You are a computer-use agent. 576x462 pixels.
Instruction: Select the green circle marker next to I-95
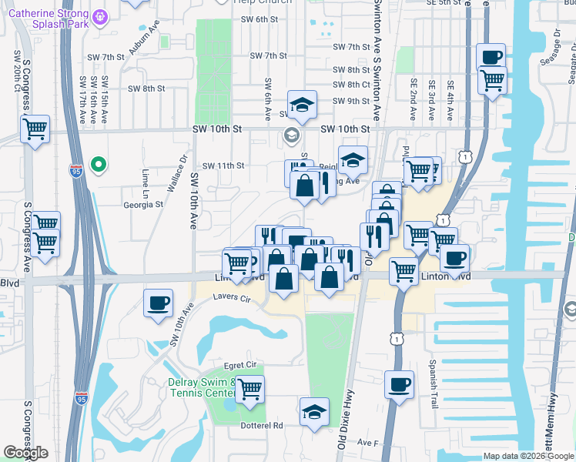[x=98, y=164]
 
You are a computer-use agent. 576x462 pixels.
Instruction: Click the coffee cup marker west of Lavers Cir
[x=159, y=302]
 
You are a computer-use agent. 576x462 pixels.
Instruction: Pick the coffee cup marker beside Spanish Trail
[x=399, y=384]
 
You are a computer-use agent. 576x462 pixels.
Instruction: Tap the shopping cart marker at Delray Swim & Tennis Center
[x=249, y=390]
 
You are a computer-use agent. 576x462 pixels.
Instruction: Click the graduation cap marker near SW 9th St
[x=303, y=104]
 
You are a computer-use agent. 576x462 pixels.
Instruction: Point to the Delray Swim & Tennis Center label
[x=202, y=387]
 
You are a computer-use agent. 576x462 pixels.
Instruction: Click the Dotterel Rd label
[x=263, y=425]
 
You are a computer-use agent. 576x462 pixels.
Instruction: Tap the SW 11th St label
[x=223, y=166]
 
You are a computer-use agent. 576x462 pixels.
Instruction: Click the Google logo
[x=25, y=453]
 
